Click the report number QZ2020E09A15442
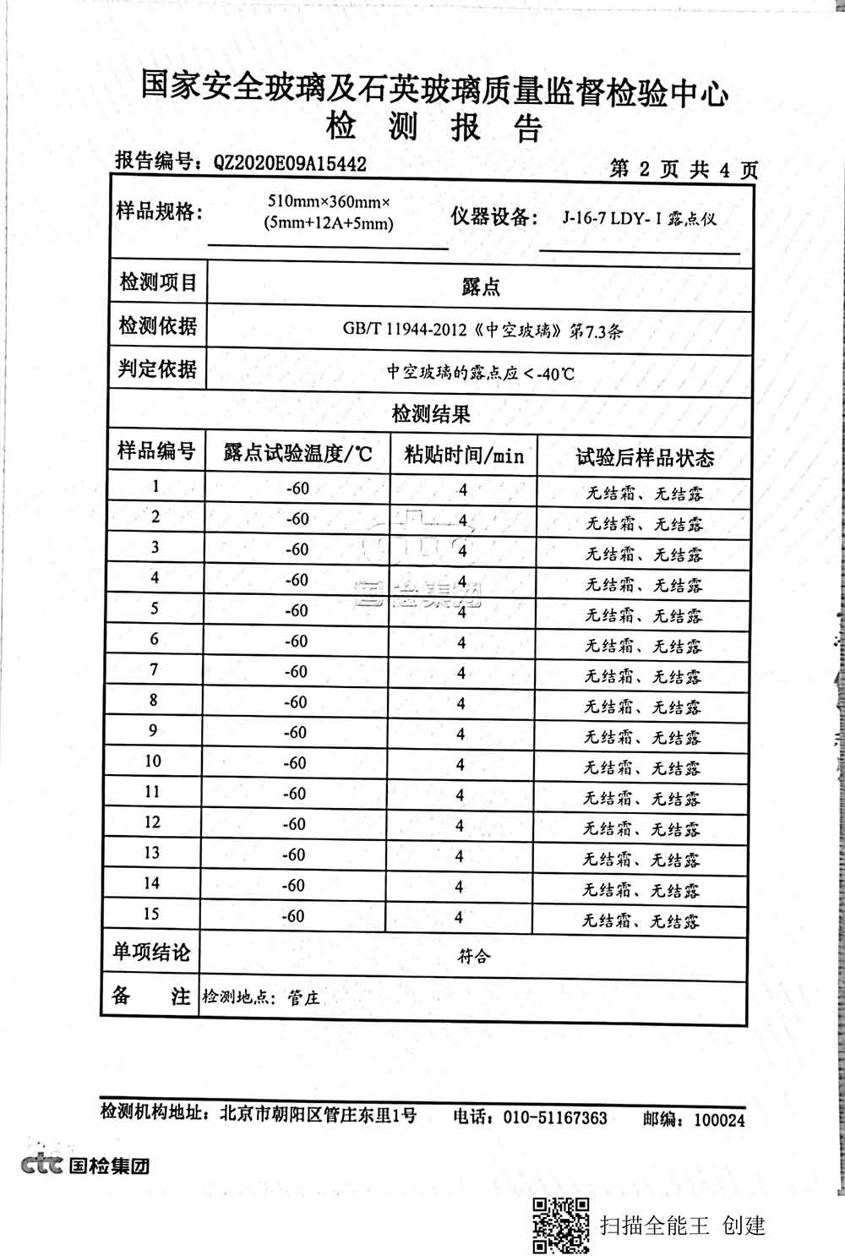[x=291, y=163]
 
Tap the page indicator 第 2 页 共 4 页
[x=684, y=170]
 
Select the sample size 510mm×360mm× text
[x=328, y=203]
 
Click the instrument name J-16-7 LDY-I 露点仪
[x=640, y=218]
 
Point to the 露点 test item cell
[x=480, y=287]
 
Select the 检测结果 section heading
[x=431, y=414]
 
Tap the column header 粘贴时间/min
[x=464, y=456]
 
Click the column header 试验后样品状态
[x=645, y=458]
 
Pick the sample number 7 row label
[x=154, y=669]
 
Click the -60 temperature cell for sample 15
[x=294, y=915]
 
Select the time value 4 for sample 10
[x=461, y=764]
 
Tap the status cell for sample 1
[x=645, y=493]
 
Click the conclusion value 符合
[x=473, y=957]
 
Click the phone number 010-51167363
[x=554, y=1118]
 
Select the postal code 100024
[x=719, y=1120]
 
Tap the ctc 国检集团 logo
[x=85, y=1166]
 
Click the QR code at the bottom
[x=559, y=1225]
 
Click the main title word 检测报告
[x=433, y=128]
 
